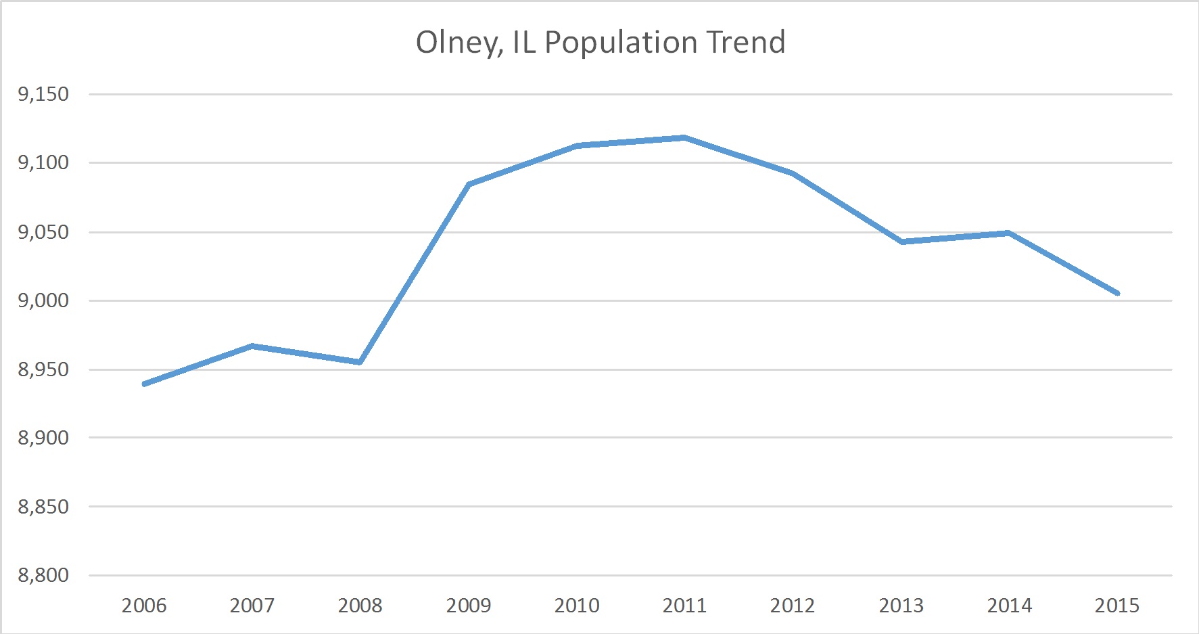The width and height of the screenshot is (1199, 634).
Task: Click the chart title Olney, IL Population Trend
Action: [x=601, y=42]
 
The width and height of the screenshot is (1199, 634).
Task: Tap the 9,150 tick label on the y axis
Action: [x=43, y=94]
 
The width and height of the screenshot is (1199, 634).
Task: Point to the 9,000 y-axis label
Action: [x=43, y=300]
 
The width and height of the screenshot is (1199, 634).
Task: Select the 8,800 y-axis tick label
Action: [x=43, y=575]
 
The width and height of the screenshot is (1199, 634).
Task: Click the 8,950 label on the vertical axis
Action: [x=43, y=369]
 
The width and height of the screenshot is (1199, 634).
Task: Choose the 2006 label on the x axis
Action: [x=144, y=605]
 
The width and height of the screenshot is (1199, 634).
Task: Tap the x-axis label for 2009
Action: [x=469, y=605]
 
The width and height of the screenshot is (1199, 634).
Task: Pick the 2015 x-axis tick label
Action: [x=1117, y=605]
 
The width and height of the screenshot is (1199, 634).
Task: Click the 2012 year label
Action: [x=793, y=605]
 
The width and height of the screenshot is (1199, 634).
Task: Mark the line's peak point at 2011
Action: [x=684, y=137]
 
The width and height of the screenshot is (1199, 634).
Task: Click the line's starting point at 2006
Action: [x=144, y=384]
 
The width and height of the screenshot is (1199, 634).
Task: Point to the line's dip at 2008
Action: [x=360, y=362]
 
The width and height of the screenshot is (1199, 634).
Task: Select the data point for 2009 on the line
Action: [x=469, y=184]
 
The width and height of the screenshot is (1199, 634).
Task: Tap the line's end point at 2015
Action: [x=1117, y=293]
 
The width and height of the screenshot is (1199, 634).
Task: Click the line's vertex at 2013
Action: [x=901, y=242]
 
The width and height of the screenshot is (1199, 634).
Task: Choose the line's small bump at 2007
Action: [x=252, y=346]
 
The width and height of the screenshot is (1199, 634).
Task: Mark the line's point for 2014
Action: [x=1009, y=233]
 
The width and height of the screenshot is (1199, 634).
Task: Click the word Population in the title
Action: [x=621, y=42]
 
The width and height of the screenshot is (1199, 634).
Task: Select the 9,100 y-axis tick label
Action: [x=43, y=162]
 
